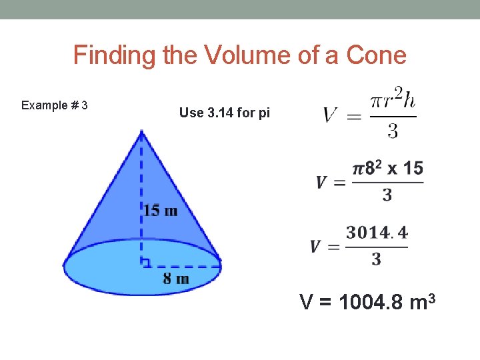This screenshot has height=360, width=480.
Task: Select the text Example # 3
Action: pyautogui.click(x=55, y=105)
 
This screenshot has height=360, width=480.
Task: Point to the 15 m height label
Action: pyautogui.click(x=161, y=211)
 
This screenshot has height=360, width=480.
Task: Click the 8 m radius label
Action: pyautogui.click(x=176, y=278)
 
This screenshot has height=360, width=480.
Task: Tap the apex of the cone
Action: pyautogui.click(x=141, y=132)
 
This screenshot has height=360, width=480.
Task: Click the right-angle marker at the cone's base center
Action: pyautogui.click(x=145, y=262)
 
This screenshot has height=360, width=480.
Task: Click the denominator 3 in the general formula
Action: pyautogui.click(x=393, y=132)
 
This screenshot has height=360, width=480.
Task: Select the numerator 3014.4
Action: pyautogui.click(x=377, y=233)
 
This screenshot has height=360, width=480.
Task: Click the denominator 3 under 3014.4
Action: pyautogui.click(x=377, y=259)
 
